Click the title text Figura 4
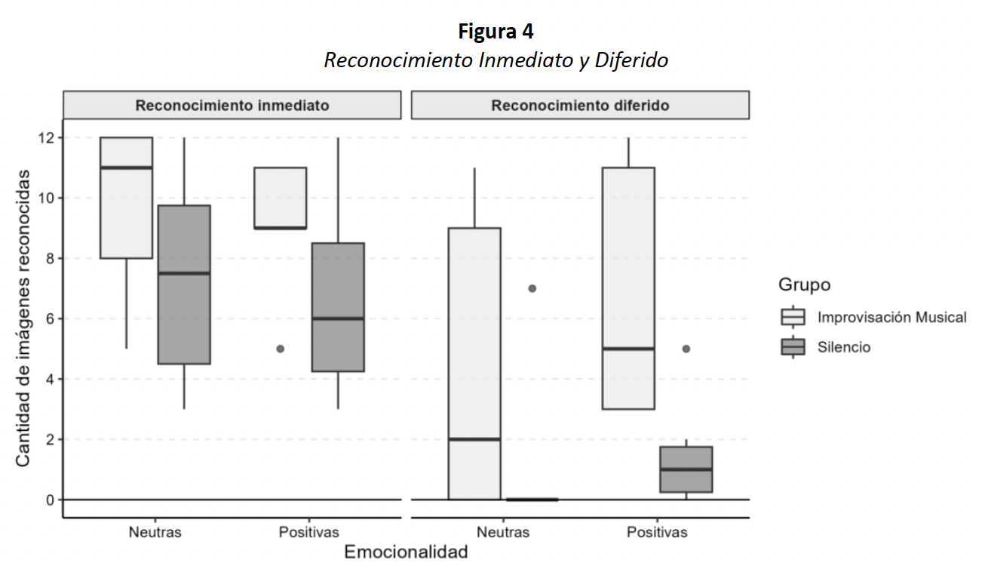tap(496, 32)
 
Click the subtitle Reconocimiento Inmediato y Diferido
tap(496, 60)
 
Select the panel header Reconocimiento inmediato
tap(232, 106)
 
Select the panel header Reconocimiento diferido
tap(580, 106)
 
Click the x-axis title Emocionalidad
tap(406, 552)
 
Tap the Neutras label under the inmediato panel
tap(155, 532)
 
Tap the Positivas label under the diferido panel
tap(657, 532)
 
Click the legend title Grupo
tap(805, 285)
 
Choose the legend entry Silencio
tap(843, 348)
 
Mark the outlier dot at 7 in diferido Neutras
tap(532, 288)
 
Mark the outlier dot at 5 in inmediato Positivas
tap(281, 349)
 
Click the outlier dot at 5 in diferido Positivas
tap(686, 349)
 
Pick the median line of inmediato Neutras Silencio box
tap(183, 273)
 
